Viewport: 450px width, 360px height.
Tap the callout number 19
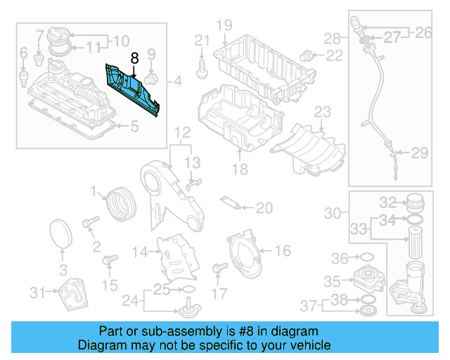224,26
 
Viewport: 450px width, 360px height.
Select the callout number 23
322,111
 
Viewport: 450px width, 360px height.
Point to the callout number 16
282,250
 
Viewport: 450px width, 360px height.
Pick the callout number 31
37,292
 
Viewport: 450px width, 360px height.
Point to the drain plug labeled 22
307,54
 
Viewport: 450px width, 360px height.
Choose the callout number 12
182,132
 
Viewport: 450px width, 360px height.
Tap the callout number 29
419,153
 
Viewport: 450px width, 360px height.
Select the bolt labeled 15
109,262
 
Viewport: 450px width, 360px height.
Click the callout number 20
264,207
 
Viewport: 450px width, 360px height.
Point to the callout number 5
135,127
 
